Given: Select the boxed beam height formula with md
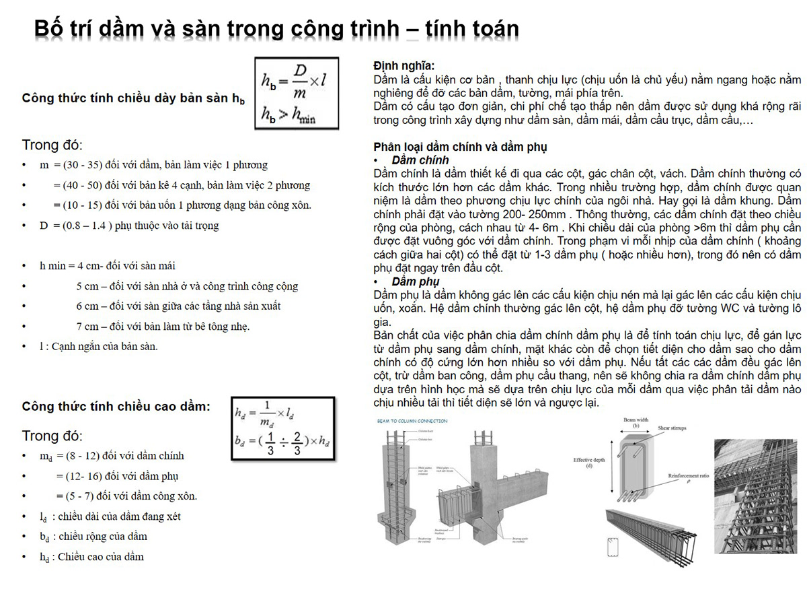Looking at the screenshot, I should tap(281, 429).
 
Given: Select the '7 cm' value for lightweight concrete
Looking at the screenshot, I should tap(87, 327).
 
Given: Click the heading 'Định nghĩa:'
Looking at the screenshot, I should tap(403, 66).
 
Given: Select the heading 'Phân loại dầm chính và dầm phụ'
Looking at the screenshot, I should tap(460, 147).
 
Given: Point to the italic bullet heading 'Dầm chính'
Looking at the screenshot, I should tap(420, 160).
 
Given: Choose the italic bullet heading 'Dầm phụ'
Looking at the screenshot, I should tap(415, 281).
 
